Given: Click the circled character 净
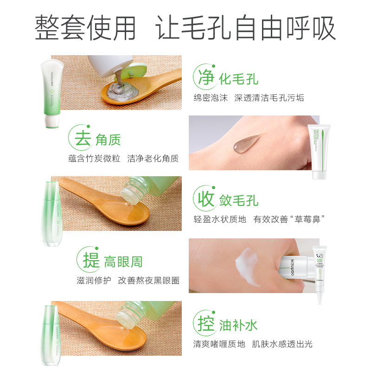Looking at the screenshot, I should pos(205,77).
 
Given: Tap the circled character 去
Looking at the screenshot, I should pos(82,138).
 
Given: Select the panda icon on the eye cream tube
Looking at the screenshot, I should pos(318,255).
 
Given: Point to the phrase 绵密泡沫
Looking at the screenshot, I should pos(211,98).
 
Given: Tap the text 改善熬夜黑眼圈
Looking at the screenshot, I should pos(148,281).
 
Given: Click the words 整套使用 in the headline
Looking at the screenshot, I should pos(86,28).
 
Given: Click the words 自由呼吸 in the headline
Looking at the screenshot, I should pos(285,28).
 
